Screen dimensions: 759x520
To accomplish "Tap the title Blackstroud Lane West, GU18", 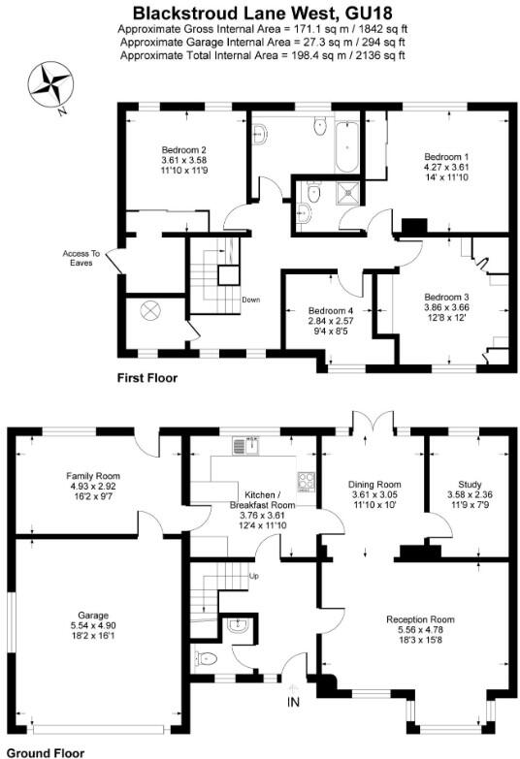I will coord(260,14).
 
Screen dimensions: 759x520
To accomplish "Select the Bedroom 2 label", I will coord(183,150).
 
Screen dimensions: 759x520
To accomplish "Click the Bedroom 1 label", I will coord(446,156).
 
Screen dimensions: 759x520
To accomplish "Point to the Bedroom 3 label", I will coord(446,297).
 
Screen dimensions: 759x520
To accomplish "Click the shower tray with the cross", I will coord(345,198).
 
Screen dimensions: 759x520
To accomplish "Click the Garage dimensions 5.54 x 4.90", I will coord(93,625).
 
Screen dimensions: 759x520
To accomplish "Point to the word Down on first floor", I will coord(250,299).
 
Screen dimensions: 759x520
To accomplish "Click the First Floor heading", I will coord(146,378).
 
